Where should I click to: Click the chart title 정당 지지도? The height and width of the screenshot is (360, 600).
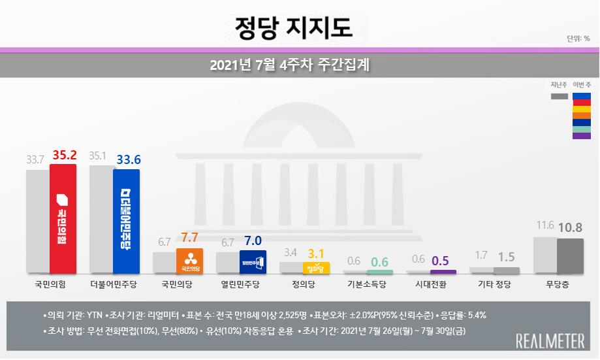[x=294, y=27]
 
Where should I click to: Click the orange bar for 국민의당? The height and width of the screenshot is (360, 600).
[x=189, y=260]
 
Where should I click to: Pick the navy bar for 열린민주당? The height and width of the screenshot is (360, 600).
[x=253, y=261]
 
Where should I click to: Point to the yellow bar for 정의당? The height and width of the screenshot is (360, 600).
[x=316, y=267]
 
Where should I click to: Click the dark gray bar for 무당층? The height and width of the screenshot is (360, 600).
[x=569, y=255]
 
